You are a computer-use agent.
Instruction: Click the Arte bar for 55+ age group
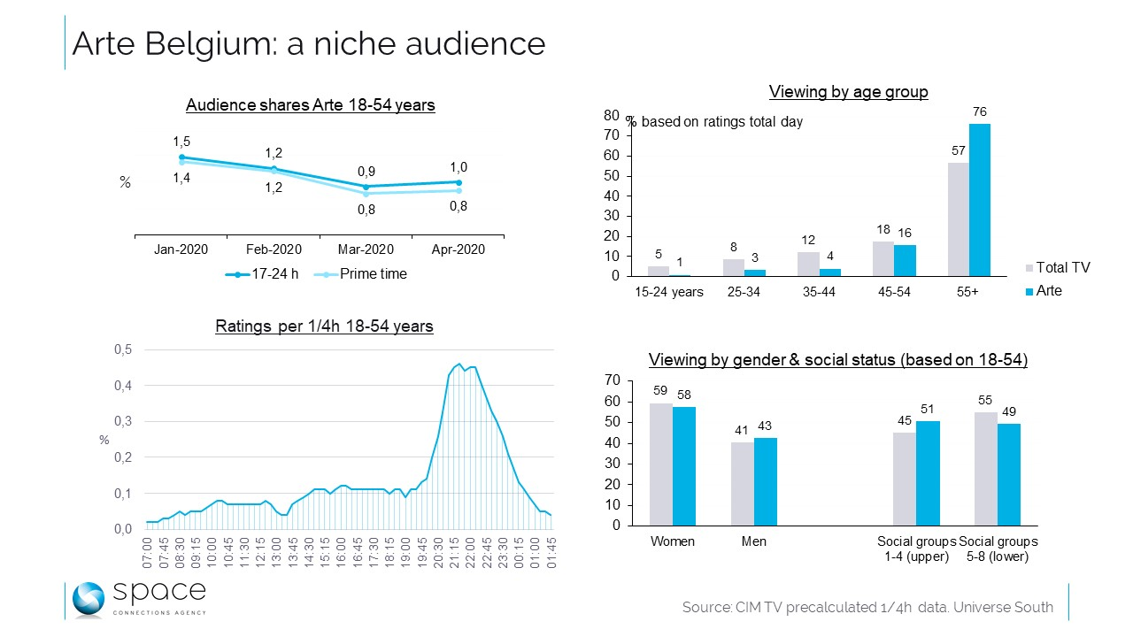coord(980,200)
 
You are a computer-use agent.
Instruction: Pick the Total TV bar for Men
coord(742,484)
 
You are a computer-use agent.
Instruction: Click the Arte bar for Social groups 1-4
coord(928,473)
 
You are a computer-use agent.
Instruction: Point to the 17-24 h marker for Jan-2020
coord(181,157)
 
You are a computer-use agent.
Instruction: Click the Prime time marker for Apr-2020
coord(458,190)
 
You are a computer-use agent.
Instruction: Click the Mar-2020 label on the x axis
coord(366,249)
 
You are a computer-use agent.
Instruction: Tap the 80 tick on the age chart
coord(611,115)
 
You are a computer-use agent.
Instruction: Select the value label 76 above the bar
coord(979,111)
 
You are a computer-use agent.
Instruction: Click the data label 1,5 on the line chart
coord(181,142)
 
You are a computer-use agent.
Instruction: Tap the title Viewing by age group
coord(848,92)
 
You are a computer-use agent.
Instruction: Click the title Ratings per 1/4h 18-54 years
coord(324,326)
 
